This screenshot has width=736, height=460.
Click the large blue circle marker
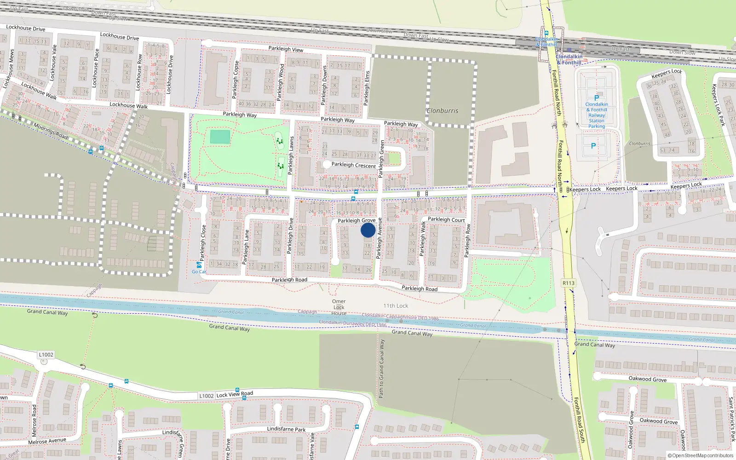[x=368, y=230]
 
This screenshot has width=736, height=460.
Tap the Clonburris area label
[x=442, y=111]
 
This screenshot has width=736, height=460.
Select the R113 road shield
[x=569, y=283]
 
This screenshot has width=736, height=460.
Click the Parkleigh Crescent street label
[x=353, y=165]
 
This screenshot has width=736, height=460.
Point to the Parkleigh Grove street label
[x=356, y=221]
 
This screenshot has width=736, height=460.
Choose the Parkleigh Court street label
[x=446, y=219]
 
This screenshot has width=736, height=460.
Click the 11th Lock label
[x=396, y=306]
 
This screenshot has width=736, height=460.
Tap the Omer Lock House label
[x=339, y=307]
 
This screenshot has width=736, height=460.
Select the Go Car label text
[x=199, y=272]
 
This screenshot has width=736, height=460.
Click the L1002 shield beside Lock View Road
[x=207, y=396]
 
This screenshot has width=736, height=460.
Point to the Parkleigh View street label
[x=286, y=49]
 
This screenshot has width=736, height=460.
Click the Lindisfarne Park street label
[x=286, y=429]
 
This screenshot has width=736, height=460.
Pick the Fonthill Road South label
[x=579, y=420]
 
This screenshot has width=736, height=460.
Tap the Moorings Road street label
[x=51, y=131]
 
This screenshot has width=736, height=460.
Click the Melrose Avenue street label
[x=47, y=441]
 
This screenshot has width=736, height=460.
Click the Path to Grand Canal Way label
[x=381, y=368]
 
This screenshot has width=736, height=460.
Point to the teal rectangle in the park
[x=220, y=137]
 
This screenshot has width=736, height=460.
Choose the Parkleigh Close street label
[x=203, y=242]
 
